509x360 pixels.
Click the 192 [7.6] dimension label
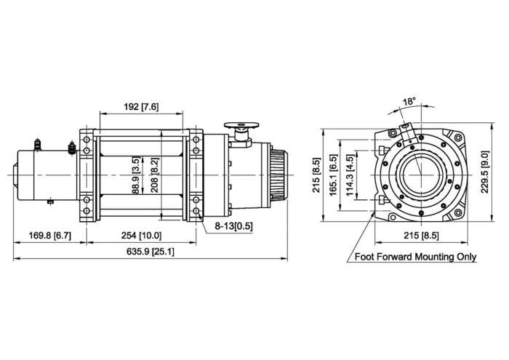pos(141,107)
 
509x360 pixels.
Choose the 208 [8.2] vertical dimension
pos(154,175)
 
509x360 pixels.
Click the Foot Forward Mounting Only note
pos(414,257)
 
